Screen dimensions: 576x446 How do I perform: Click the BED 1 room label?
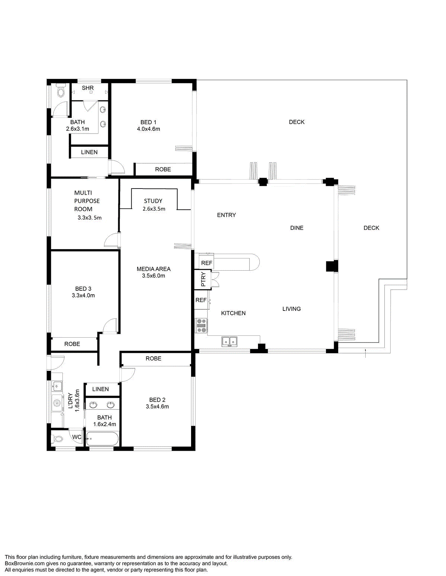(148, 122)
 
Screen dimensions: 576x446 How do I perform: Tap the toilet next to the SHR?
(61, 90)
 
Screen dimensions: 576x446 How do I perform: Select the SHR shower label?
(88, 88)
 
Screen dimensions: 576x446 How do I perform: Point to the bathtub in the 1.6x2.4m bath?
(103, 439)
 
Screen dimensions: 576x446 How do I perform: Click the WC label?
(77, 437)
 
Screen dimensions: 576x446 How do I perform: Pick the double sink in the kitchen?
(229, 341)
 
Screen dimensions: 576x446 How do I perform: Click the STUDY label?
(153, 201)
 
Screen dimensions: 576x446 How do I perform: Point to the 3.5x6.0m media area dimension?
(153, 276)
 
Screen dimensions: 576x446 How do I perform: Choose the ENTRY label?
(226, 215)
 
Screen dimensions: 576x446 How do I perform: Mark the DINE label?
(297, 228)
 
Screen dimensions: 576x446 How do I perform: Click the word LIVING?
(291, 309)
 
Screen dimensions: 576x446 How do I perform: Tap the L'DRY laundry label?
(70, 400)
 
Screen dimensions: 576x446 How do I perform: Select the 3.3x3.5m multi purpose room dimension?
(89, 218)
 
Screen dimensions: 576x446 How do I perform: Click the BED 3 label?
(83, 289)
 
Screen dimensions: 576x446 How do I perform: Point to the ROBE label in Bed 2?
(153, 358)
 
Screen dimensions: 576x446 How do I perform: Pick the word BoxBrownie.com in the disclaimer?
(25, 563)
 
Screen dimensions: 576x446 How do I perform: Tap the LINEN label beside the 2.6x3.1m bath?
(89, 152)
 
